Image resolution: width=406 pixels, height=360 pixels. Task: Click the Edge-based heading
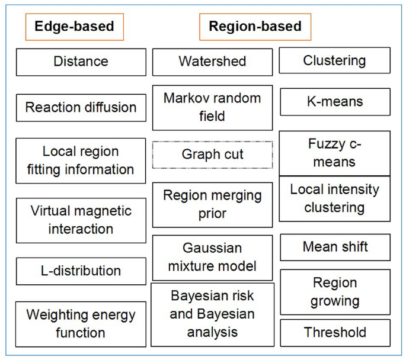(x=74, y=27)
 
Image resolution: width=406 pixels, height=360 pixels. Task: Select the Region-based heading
(x=255, y=27)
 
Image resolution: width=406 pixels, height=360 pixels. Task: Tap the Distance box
(x=81, y=62)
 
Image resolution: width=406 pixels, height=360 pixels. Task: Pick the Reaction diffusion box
(x=81, y=108)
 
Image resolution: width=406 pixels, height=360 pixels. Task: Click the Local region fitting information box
(x=81, y=160)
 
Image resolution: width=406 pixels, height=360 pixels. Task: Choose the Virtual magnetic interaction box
(x=81, y=220)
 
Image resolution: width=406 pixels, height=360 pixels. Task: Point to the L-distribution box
(x=81, y=271)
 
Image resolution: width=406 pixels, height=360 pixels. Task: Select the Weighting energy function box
(x=81, y=324)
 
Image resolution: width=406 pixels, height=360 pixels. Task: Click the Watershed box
(x=212, y=62)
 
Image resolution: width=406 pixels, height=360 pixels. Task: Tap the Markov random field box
(x=212, y=107)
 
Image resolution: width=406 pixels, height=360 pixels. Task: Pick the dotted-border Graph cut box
(x=212, y=155)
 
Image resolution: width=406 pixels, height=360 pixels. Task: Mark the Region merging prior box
(x=212, y=204)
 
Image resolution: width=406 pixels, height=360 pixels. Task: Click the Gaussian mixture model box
(x=212, y=256)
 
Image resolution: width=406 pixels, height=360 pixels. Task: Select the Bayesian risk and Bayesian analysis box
(x=212, y=314)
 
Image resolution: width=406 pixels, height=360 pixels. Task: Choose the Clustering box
(x=334, y=60)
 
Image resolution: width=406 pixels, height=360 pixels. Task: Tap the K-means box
(x=334, y=102)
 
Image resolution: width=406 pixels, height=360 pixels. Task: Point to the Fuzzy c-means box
(x=334, y=153)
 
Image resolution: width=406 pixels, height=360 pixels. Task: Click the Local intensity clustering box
(x=334, y=198)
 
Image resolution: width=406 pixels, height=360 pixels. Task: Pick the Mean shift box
(x=334, y=247)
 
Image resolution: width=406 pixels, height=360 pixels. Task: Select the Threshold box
(x=334, y=333)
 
